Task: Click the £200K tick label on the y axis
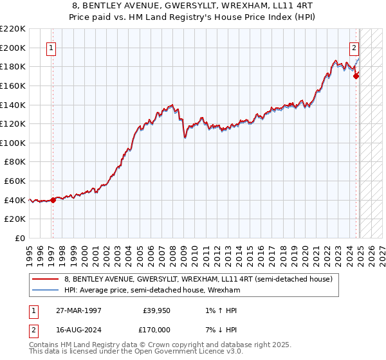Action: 13,48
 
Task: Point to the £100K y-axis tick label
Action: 13,143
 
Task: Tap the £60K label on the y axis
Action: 15,181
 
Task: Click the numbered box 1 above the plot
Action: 51,47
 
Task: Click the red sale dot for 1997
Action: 53,200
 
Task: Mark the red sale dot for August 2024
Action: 356,76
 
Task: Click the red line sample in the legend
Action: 46,279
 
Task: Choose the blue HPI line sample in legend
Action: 46,290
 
